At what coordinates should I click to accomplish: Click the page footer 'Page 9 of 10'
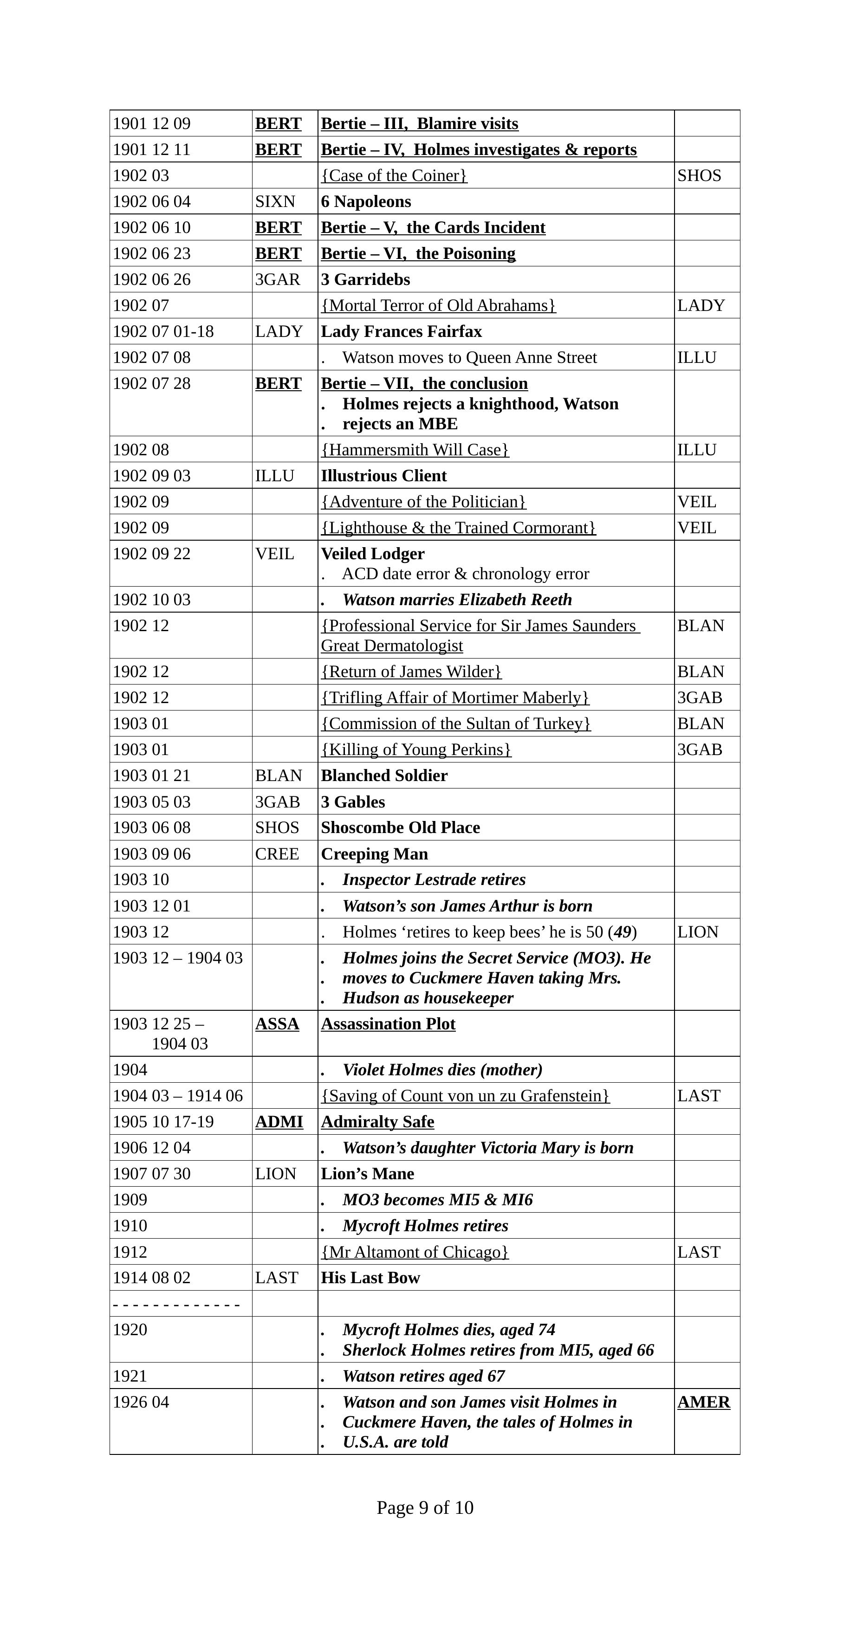coord(425,1507)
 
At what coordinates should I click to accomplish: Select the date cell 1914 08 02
coord(152,1278)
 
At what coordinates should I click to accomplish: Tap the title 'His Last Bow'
coord(370,1278)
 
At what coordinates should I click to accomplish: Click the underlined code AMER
coord(703,1402)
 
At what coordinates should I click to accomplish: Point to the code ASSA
coord(277,1024)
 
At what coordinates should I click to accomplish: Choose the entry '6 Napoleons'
coord(366,201)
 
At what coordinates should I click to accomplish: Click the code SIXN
coord(275,201)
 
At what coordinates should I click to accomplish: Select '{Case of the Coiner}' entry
coord(394,176)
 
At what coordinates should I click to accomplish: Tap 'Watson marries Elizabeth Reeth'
coord(457,600)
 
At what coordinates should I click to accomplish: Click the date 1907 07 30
coord(152,1174)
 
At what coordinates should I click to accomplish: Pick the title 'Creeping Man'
coord(374,854)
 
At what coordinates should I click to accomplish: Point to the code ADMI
coord(279,1122)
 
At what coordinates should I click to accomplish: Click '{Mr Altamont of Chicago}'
coord(415,1252)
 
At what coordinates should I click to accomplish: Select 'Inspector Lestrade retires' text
coord(434,880)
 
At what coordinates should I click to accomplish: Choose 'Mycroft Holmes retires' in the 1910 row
coord(425,1226)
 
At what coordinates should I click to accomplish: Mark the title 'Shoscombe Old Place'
coord(400,828)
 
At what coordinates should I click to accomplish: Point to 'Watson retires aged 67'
coord(423,1376)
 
